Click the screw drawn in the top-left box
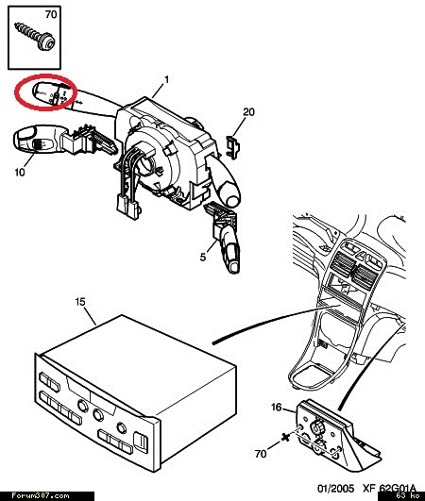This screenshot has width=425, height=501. click(x=36, y=37)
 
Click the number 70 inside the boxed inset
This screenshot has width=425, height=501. click(x=51, y=14)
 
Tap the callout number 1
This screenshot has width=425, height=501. click(x=166, y=79)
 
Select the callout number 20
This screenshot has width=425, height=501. click(x=248, y=112)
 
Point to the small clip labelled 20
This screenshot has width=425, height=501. click(x=233, y=146)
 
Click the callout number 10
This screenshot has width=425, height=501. click(x=20, y=172)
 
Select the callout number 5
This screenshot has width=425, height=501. click(x=203, y=257)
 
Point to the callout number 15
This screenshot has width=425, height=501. click(x=80, y=301)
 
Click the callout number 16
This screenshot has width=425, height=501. click(x=277, y=407)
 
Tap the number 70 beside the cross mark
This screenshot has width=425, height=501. click(x=261, y=453)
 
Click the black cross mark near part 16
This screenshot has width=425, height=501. click(x=285, y=438)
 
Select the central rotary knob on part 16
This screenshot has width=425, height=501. click(x=317, y=427)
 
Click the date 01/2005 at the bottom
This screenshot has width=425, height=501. click(x=335, y=488)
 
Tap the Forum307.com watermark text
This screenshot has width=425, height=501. click(x=40, y=496)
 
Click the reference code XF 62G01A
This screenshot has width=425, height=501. click(x=389, y=488)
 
